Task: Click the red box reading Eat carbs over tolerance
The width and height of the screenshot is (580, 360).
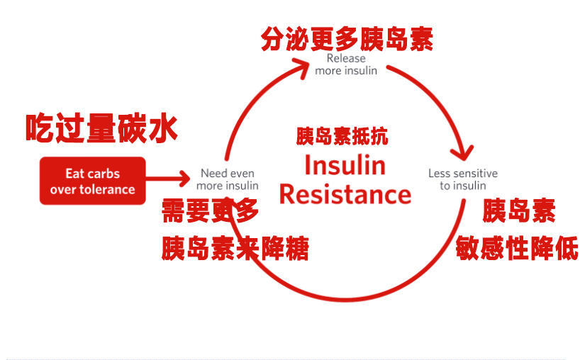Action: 92,181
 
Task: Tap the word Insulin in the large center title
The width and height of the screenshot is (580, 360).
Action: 345,165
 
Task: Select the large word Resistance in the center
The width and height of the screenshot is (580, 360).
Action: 345,194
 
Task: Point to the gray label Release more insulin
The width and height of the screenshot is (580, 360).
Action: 346,64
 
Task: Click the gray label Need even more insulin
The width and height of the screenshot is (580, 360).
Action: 227,179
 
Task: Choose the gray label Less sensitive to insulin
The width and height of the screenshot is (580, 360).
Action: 463,179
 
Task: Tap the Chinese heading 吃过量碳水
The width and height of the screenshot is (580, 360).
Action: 101,128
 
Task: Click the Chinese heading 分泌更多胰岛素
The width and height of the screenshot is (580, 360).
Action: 347,39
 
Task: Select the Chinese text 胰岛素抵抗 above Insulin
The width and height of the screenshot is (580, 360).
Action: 342,136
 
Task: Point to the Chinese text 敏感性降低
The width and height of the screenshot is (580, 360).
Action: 517,248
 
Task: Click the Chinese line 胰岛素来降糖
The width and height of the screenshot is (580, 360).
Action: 235,248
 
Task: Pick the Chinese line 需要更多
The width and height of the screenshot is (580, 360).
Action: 210,210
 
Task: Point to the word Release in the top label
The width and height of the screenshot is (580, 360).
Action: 346,58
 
